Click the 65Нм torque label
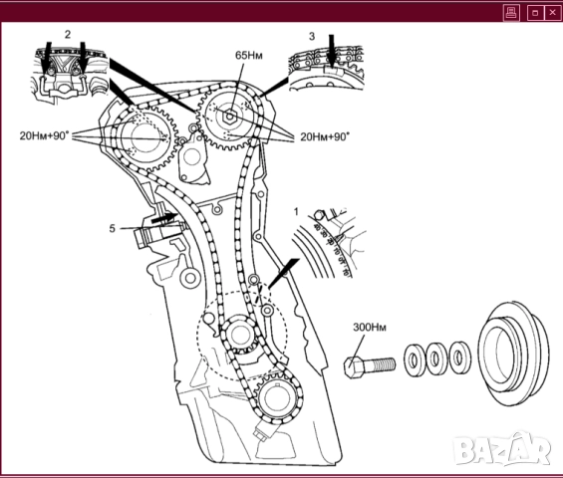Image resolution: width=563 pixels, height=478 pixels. click(248, 55)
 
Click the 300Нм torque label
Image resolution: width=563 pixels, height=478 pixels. click(370, 328)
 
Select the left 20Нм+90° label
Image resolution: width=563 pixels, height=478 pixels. click(44, 135)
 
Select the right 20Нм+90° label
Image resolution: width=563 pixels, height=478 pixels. click(325, 136)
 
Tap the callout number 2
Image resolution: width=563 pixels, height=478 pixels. click(68, 35)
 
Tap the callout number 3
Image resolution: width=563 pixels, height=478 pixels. click(312, 36)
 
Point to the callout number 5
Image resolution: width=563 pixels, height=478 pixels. click(112, 228)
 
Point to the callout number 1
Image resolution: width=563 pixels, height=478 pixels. click(296, 212)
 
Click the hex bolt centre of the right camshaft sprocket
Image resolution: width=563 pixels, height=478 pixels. click(230, 117)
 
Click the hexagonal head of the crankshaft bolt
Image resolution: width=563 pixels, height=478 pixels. click(354, 367)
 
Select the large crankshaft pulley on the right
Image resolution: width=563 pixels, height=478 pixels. click(513, 354)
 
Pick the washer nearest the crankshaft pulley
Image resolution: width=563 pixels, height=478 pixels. click(460, 358)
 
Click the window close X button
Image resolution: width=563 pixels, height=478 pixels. click(553, 13)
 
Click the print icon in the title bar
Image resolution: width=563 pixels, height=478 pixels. click(511, 13)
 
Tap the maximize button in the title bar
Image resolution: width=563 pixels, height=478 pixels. click(535, 13)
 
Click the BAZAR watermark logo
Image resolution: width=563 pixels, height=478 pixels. click(502, 449)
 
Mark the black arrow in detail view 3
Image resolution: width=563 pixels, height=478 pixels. click(332, 51)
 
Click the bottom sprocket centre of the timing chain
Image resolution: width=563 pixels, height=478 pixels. click(275, 398)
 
